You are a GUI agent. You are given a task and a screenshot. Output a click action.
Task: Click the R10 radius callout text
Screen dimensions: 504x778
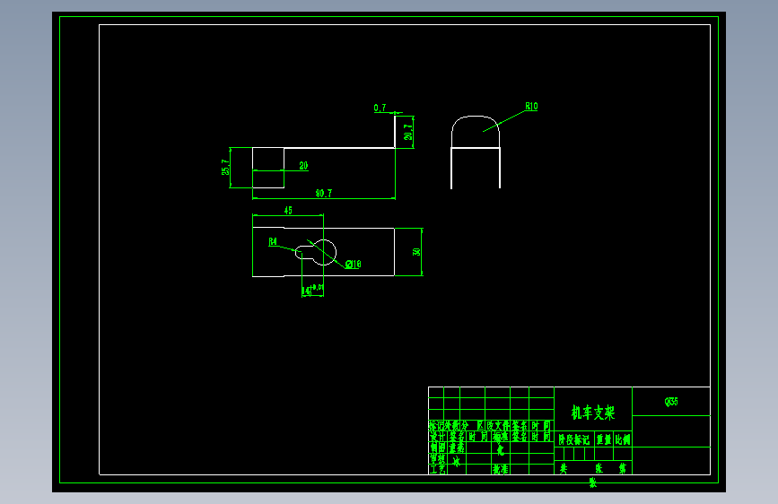(x=531, y=107)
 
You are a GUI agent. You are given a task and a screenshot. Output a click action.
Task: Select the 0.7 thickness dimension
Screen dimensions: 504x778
(x=380, y=108)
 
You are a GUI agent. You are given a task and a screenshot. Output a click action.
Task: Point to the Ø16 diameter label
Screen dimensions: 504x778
(x=353, y=264)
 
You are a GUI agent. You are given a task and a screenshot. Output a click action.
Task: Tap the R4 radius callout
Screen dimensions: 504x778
(x=273, y=241)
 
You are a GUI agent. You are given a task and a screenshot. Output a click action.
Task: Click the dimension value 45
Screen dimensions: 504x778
(x=288, y=210)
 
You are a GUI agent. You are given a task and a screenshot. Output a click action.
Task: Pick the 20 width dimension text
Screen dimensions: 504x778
(x=303, y=165)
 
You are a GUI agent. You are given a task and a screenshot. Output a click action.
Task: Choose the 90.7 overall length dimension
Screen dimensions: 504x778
(x=323, y=193)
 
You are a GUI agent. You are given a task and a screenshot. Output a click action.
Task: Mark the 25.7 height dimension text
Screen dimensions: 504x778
(x=225, y=168)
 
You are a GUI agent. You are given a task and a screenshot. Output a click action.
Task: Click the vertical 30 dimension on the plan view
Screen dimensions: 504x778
(x=416, y=252)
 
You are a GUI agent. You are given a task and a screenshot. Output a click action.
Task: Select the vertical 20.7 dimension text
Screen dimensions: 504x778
(x=408, y=132)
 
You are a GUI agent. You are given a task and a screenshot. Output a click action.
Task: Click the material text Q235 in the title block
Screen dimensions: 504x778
(x=670, y=402)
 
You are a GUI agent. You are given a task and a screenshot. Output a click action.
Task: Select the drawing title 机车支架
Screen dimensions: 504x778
(x=593, y=413)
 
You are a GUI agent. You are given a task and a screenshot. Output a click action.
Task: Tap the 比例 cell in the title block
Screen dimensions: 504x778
(x=623, y=439)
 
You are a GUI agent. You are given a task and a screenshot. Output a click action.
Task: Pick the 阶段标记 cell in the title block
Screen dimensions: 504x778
(x=574, y=439)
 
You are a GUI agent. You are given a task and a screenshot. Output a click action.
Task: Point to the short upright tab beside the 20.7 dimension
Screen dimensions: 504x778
(x=395, y=132)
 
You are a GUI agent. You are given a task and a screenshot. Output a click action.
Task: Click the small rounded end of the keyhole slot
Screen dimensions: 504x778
(x=301, y=253)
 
